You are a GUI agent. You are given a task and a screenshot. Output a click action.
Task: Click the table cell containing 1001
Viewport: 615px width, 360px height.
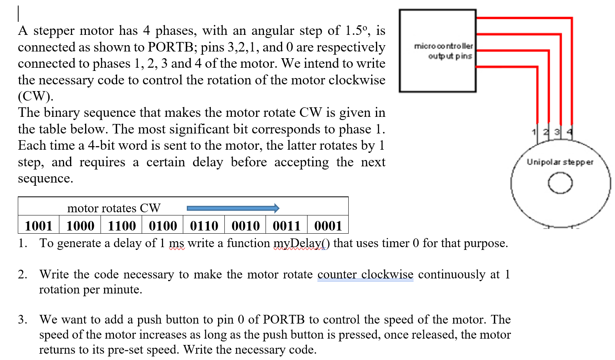tap(38, 226)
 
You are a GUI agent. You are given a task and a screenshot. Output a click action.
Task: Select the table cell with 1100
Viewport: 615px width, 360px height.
tap(121, 226)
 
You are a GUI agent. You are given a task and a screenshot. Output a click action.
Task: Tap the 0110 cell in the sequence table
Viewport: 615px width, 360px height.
tap(204, 226)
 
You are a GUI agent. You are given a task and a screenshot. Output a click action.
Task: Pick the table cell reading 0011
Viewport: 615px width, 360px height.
tap(287, 226)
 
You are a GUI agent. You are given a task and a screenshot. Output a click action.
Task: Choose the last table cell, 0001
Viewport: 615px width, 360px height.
tap(328, 226)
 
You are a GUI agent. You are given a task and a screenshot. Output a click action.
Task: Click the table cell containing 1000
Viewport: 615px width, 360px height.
tap(80, 226)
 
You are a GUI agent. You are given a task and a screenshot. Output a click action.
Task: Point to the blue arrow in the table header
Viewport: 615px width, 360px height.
tap(233, 208)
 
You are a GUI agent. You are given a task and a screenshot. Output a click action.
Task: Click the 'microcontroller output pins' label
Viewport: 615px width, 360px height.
tap(444, 51)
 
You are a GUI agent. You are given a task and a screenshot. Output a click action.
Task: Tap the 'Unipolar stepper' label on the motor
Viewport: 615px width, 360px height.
tap(560, 162)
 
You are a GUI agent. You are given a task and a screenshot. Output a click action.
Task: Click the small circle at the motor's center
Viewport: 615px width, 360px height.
tap(560, 183)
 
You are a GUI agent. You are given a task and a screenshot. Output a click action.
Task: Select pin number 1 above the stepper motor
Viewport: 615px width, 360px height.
tap(534, 132)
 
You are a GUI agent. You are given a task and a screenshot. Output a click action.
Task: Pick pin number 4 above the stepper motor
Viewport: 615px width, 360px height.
tap(569, 132)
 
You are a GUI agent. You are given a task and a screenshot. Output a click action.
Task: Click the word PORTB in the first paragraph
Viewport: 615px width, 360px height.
tap(171, 47)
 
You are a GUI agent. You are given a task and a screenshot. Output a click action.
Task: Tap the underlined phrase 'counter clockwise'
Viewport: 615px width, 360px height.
tap(365, 274)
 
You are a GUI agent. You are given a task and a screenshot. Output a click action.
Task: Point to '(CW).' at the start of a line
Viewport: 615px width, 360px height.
tap(35, 96)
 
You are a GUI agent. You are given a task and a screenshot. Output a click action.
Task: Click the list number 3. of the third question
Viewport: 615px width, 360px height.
tap(23, 319)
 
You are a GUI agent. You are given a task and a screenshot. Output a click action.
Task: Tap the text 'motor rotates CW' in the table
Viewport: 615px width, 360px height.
tap(114, 208)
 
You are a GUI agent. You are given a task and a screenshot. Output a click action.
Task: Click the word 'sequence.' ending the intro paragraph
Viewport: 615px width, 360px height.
tap(46, 179)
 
